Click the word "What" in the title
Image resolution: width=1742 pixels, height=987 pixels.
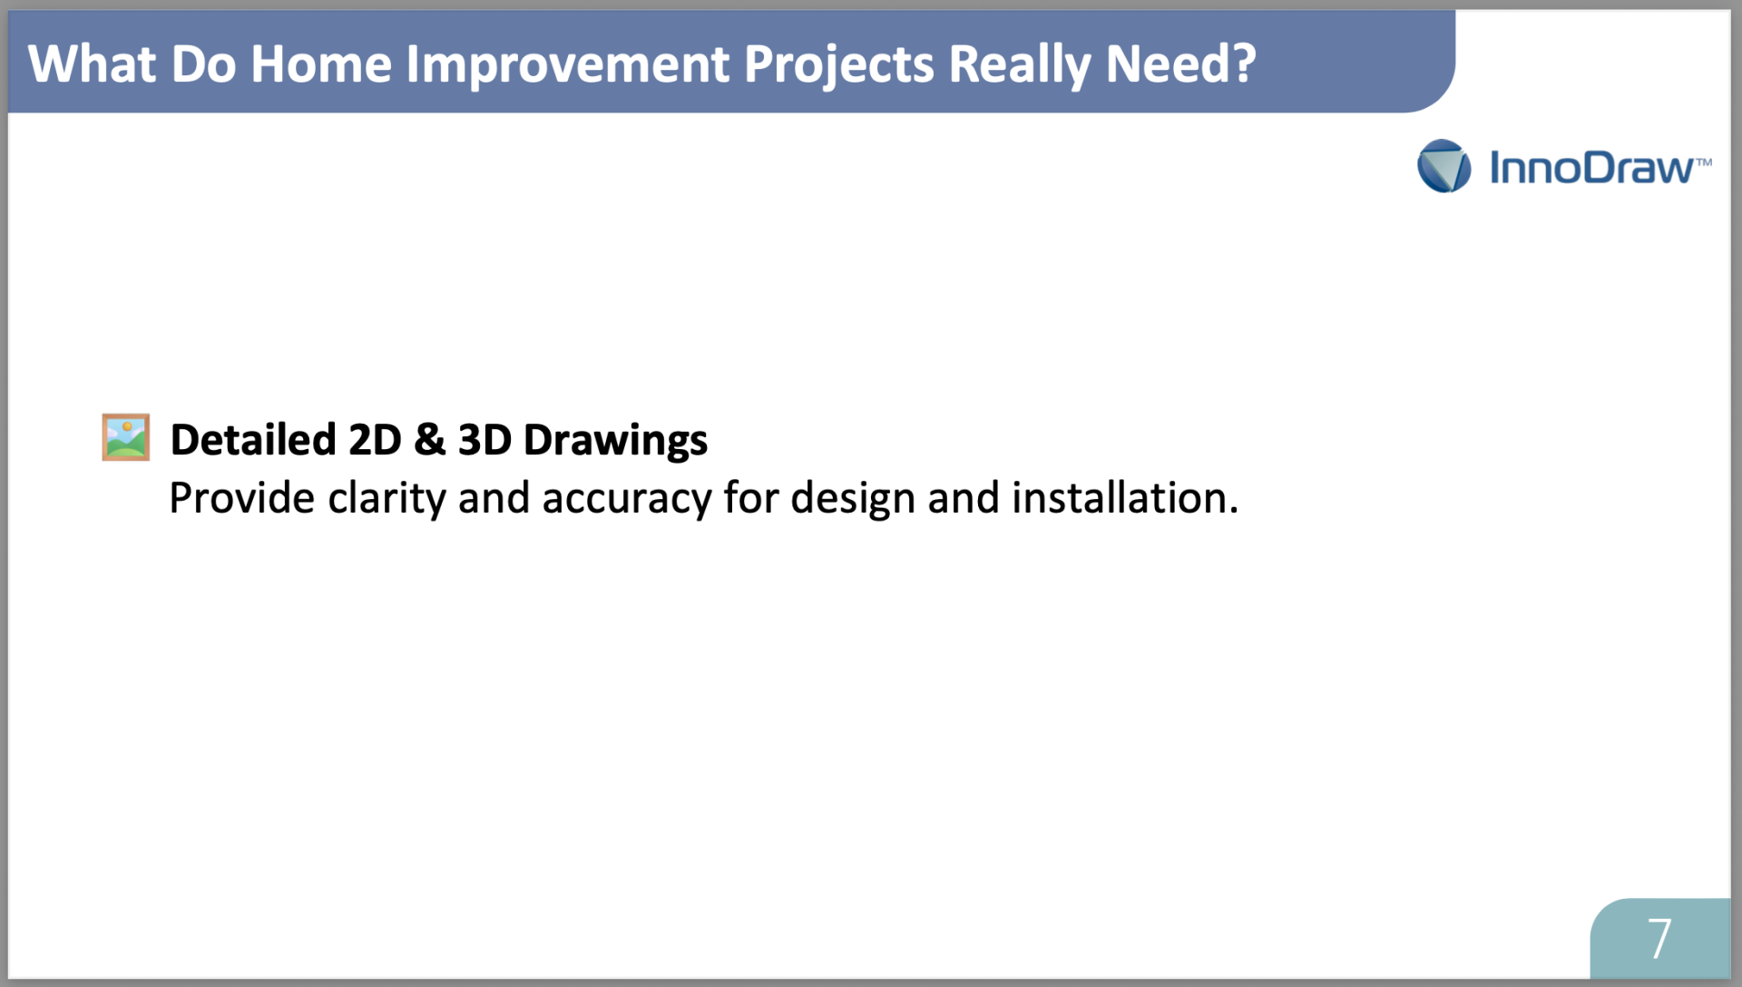tap(92, 64)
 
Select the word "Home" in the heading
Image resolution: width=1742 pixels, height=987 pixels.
tap(321, 64)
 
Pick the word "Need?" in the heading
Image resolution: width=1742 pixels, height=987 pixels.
tap(1180, 64)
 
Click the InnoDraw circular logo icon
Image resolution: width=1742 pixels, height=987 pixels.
tap(1444, 166)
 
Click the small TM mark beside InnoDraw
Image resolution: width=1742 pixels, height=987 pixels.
tap(1704, 162)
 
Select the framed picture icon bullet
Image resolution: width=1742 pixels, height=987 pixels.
tap(125, 437)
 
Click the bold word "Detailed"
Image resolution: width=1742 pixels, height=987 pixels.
tap(253, 440)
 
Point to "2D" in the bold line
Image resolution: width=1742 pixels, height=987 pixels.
tap(375, 440)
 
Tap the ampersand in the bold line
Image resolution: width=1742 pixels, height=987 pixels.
tap(430, 440)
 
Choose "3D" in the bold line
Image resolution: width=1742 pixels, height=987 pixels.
tap(484, 440)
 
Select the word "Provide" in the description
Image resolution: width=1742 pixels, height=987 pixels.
tap(242, 498)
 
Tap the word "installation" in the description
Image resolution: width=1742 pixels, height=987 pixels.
tap(1120, 498)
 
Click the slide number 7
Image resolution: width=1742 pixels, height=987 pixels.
tap(1659, 938)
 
